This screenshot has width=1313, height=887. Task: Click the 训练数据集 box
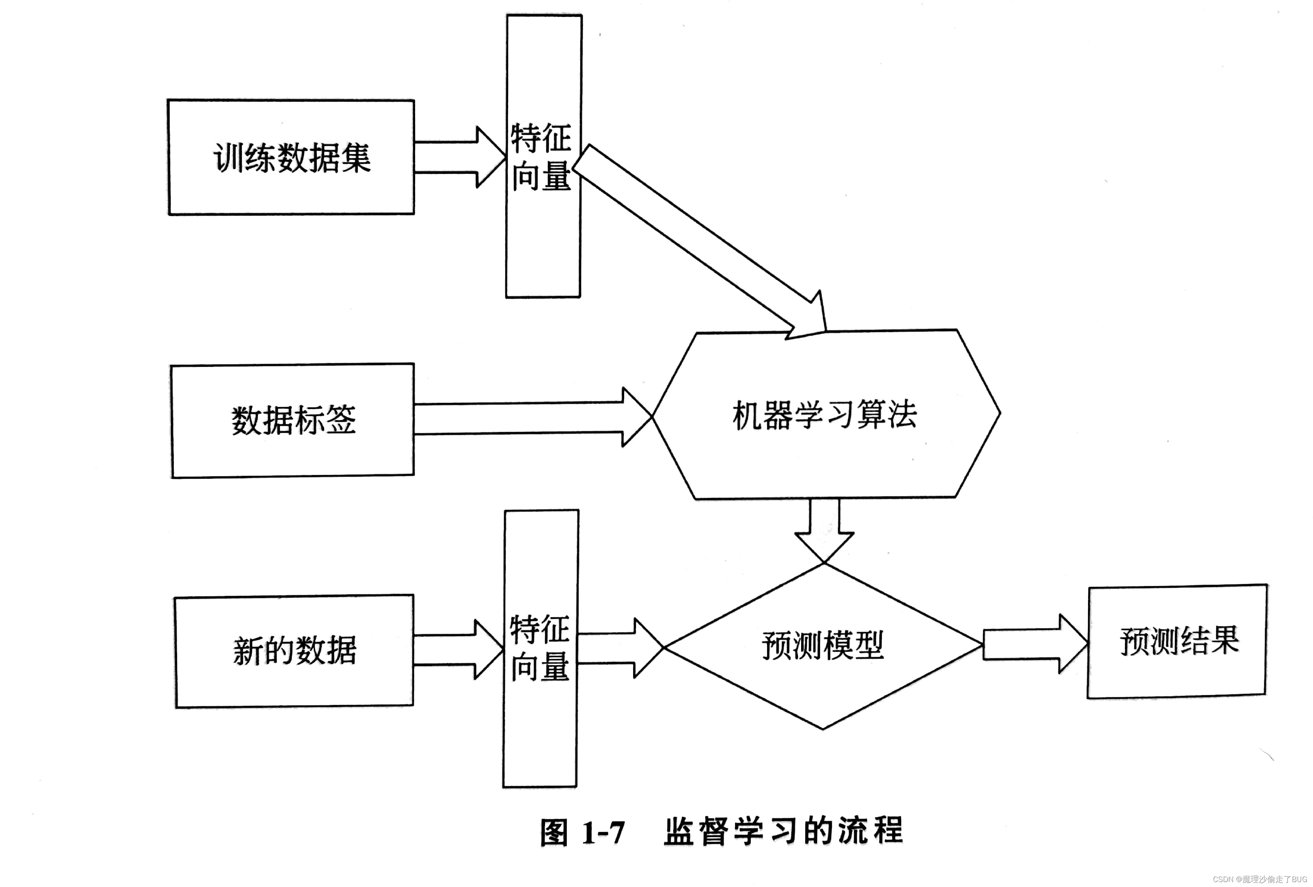coord(291,157)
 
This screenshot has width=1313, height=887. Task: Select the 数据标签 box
coord(293,420)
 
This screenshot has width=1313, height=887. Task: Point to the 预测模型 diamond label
coord(822,645)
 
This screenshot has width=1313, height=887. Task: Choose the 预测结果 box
coord(1179,641)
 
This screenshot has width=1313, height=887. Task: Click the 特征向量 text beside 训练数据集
coord(541,157)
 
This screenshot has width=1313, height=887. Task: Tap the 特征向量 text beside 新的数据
coord(540,648)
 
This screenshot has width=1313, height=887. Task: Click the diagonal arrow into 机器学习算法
coord(701,240)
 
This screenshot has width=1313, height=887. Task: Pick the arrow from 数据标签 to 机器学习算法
coord(531,418)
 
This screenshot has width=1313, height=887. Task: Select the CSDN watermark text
coord(1259,879)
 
